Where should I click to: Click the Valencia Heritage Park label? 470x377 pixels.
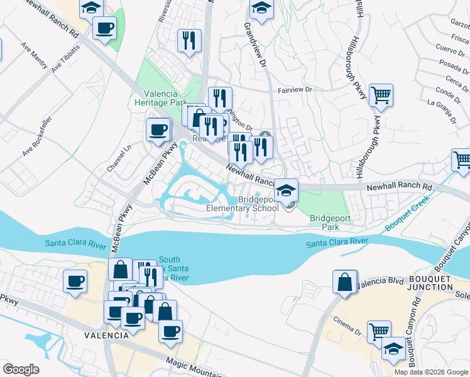161,97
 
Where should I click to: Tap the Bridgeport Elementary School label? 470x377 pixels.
243,204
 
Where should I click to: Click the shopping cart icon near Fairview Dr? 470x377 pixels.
381,96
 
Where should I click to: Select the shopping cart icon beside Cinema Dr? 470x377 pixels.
379,332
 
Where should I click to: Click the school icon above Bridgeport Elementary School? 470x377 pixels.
286,189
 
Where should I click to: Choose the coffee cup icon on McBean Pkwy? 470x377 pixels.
158,130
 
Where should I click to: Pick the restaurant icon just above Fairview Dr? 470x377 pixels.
219,98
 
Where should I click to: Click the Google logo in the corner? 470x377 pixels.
21,369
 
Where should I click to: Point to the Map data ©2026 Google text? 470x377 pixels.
431,372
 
